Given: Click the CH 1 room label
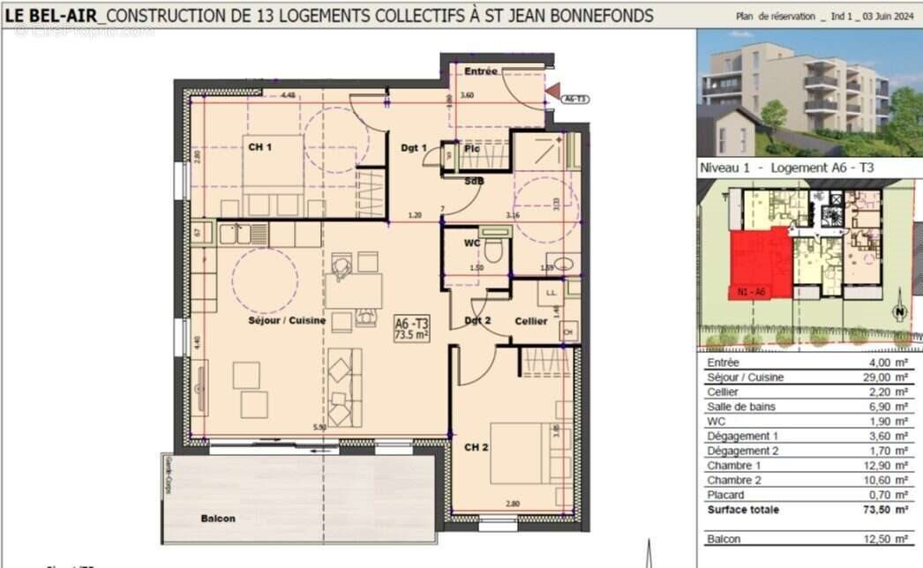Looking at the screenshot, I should tap(259, 147).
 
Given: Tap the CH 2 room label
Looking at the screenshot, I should tap(477, 447).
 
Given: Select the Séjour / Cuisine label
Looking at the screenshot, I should tap(287, 320).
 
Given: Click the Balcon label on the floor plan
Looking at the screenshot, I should tap(217, 519).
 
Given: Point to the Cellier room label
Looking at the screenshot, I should tap(531, 321).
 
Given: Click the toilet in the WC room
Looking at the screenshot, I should tap(494, 250).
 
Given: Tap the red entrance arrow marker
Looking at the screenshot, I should tap(552, 89).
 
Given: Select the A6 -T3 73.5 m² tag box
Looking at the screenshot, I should tap(411, 329).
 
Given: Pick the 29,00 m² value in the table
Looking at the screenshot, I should tap(889, 377).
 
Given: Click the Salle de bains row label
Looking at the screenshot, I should tap(741, 407).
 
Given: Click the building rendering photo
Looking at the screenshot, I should tap(809, 92).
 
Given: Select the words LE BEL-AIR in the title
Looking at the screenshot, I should tap(52, 15).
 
